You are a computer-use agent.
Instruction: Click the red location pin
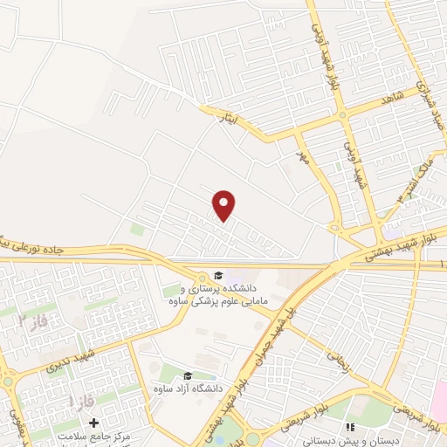point(224,205)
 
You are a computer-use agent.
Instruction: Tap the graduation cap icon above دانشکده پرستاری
point(218,275)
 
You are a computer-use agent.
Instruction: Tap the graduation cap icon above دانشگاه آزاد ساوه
point(188,375)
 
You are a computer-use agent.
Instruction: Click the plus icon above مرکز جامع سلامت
point(94,423)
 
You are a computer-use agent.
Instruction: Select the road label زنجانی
point(337,356)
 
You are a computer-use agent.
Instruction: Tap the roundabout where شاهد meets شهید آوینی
point(342,114)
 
